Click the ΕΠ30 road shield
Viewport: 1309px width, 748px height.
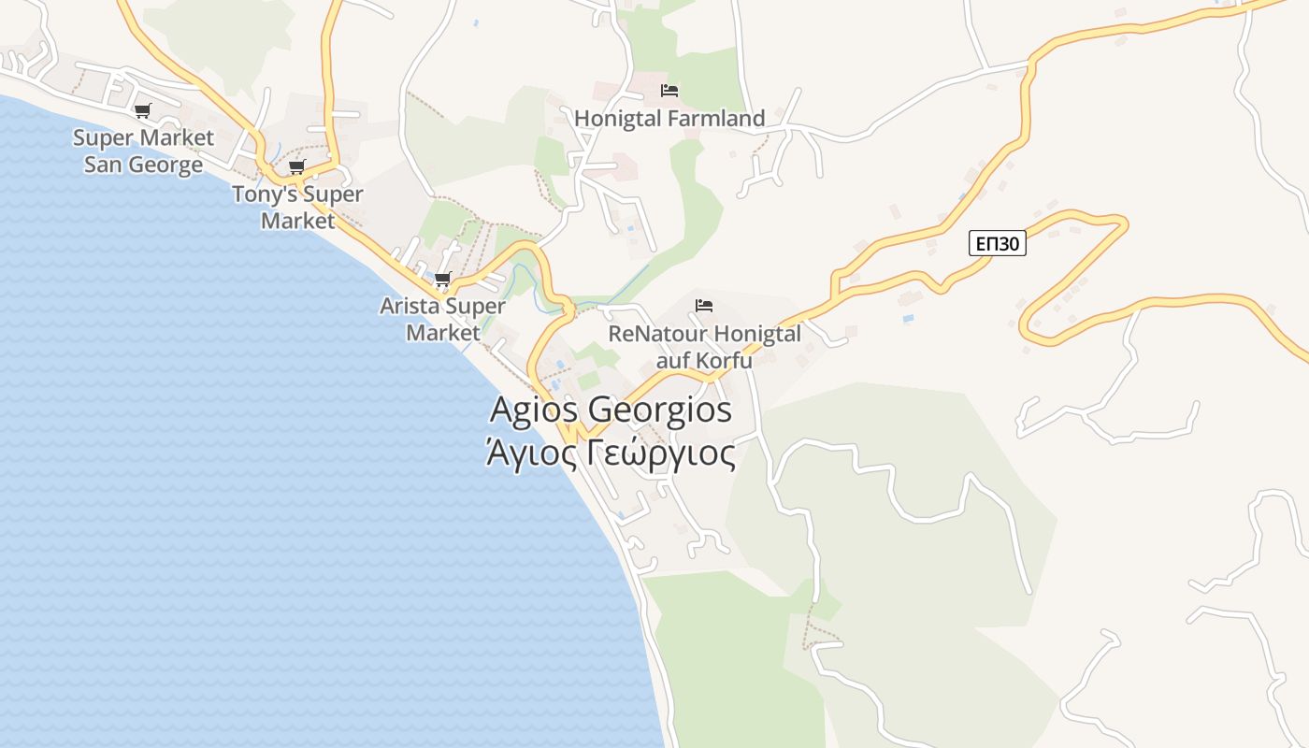pyautogui.click(x=997, y=244)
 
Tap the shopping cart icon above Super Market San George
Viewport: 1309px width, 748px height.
pyautogui.click(x=143, y=110)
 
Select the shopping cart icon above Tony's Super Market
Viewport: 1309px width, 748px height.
pyautogui.click(x=296, y=166)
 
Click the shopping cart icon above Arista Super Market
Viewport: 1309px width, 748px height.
pyautogui.click(x=443, y=279)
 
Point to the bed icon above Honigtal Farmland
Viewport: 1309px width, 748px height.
pyautogui.click(x=669, y=91)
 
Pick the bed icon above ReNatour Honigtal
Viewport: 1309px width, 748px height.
pyautogui.click(x=704, y=305)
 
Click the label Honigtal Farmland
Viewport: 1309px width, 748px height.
pyautogui.click(x=669, y=119)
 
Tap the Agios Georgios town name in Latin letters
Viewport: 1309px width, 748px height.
pyautogui.click(x=611, y=410)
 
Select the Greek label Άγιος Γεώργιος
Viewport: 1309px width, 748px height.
pyautogui.click(x=611, y=453)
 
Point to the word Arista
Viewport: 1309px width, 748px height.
pyautogui.click(x=409, y=306)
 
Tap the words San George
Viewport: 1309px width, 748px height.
pyautogui.click(x=143, y=165)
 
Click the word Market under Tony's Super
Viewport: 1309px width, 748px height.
pyautogui.click(x=297, y=222)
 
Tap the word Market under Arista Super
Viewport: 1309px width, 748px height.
pyautogui.click(x=442, y=333)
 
